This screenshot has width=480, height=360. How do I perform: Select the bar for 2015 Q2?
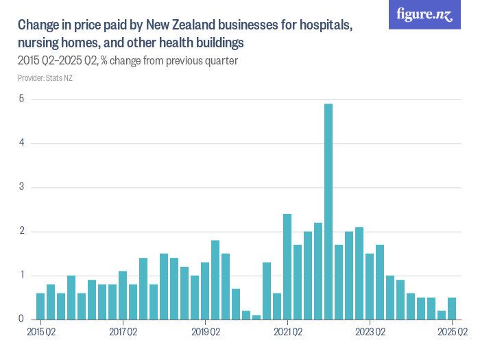[x=40, y=306]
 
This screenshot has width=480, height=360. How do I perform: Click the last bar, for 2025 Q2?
[x=452, y=308]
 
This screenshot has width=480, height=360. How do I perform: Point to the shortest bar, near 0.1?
[x=256, y=317]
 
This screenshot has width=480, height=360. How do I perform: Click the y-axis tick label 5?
[x=21, y=99]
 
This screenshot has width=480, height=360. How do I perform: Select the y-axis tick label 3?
[x=21, y=187]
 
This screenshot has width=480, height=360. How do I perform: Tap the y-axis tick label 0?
[x=21, y=320]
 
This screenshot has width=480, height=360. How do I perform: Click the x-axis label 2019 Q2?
[x=205, y=333]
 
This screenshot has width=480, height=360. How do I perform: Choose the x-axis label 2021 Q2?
[x=287, y=333]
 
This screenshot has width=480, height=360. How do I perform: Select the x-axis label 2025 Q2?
[x=453, y=333]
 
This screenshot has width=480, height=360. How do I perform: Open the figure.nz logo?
[x=424, y=15]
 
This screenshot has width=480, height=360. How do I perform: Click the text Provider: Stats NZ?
[x=45, y=77]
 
